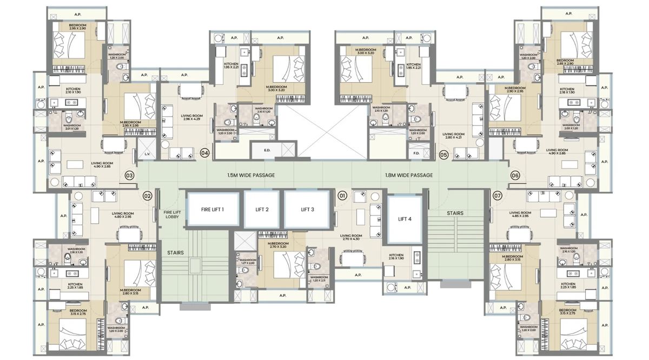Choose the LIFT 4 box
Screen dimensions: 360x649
(x=405, y=218)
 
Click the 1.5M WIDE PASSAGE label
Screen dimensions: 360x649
(x=251, y=175)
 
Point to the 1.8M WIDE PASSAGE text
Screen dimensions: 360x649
(x=409, y=175)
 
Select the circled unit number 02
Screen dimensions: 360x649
(x=147, y=196)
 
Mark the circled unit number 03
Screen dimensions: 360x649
(x=129, y=175)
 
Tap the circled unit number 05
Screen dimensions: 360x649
(x=443, y=155)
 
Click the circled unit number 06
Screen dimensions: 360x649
(x=514, y=175)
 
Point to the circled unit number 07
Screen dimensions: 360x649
(x=497, y=196)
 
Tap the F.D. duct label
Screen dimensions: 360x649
(x=416, y=154)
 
